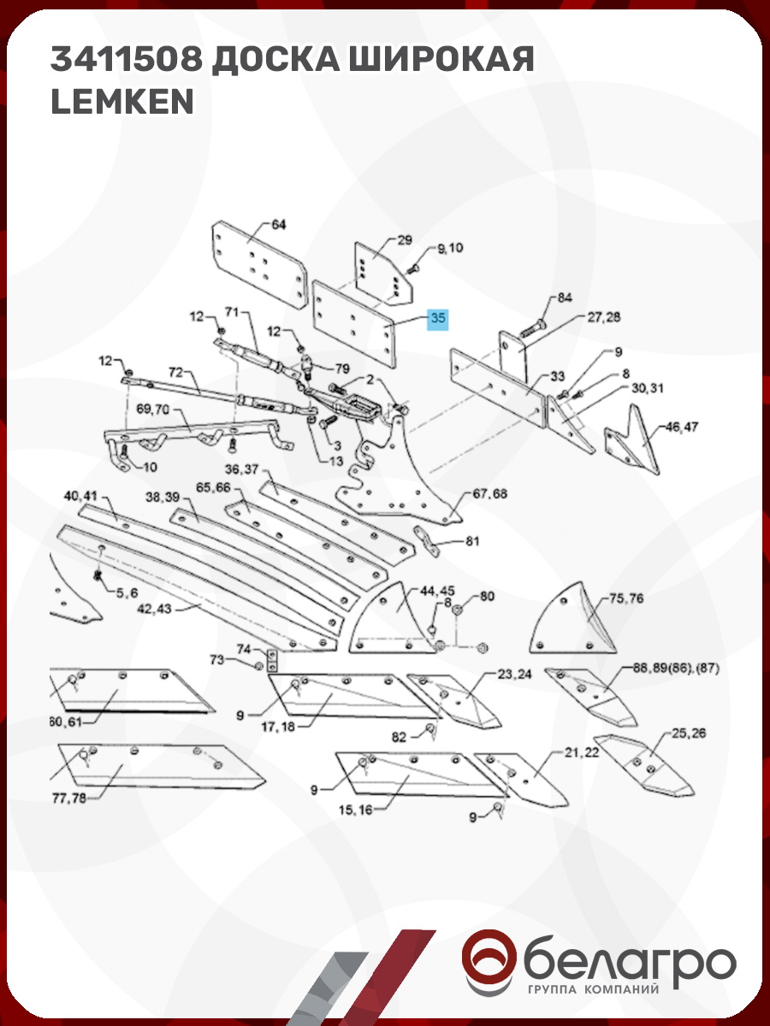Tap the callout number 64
click(x=279, y=225)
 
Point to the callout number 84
click(x=564, y=298)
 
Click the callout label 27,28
click(x=603, y=317)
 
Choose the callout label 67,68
click(x=489, y=494)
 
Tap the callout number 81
click(x=472, y=541)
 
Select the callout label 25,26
click(x=689, y=734)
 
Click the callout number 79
click(x=341, y=369)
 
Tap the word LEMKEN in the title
click(x=122, y=102)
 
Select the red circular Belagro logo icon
click(x=489, y=961)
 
